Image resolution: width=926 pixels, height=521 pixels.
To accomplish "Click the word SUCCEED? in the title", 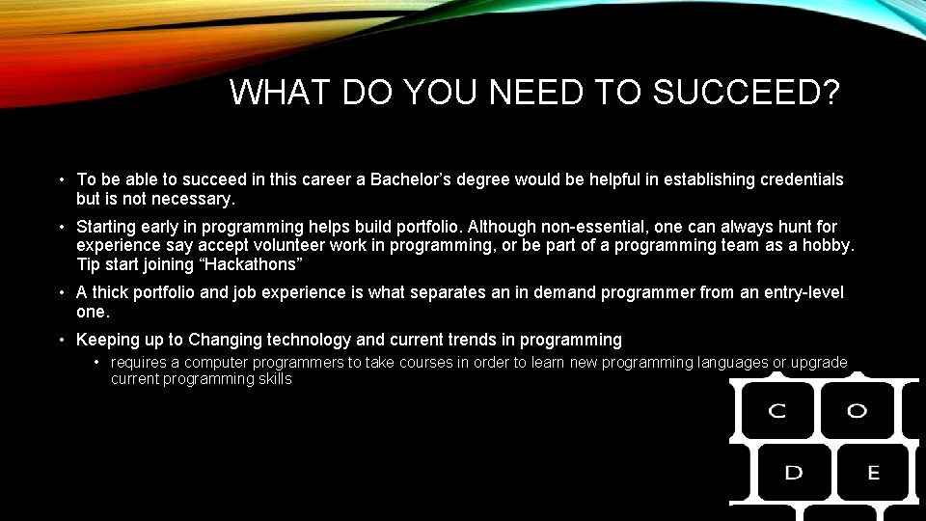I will (746, 93).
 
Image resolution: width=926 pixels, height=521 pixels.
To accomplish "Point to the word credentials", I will (795, 179).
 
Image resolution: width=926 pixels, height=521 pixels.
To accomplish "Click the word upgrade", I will (819, 363).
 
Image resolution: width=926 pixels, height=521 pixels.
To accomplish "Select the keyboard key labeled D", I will (793, 473).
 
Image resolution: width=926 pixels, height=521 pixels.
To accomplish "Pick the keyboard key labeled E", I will (873, 473).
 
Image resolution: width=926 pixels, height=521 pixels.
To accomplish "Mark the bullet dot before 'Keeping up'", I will (61, 340).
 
